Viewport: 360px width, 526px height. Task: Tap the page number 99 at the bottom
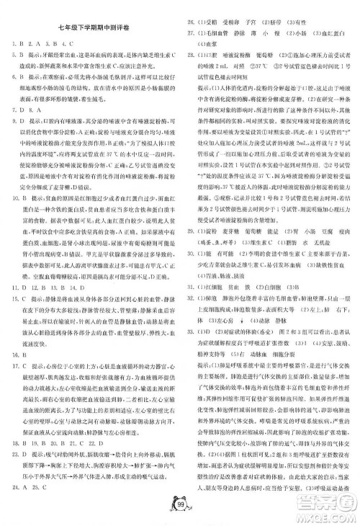180,502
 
